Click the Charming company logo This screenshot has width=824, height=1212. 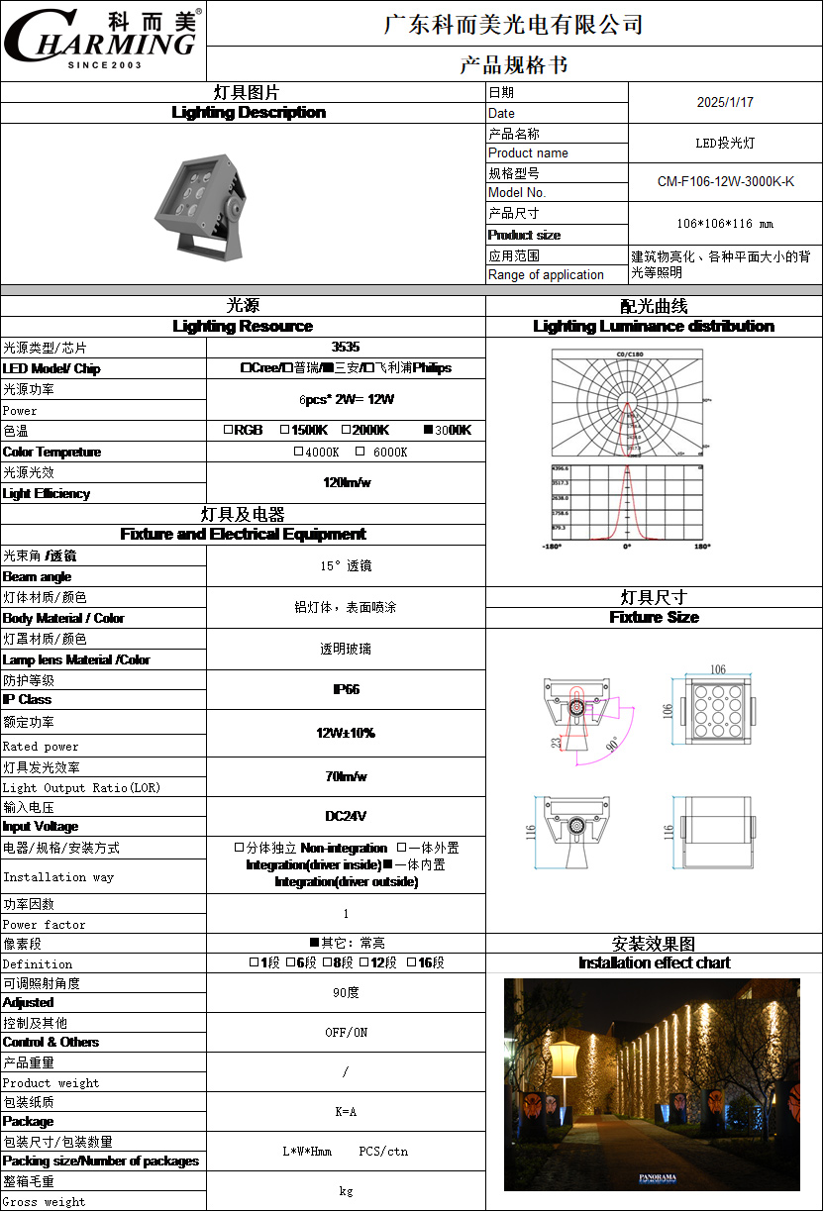click(x=103, y=41)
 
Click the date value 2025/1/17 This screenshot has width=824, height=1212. click(x=725, y=102)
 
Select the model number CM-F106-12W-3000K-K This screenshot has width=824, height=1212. click(x=725, y=182)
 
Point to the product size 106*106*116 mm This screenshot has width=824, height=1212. click(x=725, y=224)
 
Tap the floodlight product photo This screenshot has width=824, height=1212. click(x=199, y=203)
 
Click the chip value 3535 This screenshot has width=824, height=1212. click(x=346, y=348)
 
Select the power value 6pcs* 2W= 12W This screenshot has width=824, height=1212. click(x=346, y=400)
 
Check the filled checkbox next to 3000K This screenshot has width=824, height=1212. click(x=429, y=430)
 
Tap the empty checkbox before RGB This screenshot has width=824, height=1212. click(x=228, y=430)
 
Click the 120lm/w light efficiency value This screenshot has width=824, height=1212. click(x=346, y=483)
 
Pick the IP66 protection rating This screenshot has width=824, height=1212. click(x=346, y=689)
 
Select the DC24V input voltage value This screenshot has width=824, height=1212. click(x=346, y=817)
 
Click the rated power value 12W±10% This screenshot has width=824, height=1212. click(x=346, y=734)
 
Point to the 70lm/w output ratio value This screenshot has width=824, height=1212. click(x=346, y=777)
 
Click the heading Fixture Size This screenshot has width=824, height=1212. click(x=654, y=617)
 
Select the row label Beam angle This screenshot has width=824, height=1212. click(x=38, y=576)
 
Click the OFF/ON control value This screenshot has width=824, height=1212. click(x=346, y=1032)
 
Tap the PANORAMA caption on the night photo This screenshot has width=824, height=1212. click(x=658, y=1178)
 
